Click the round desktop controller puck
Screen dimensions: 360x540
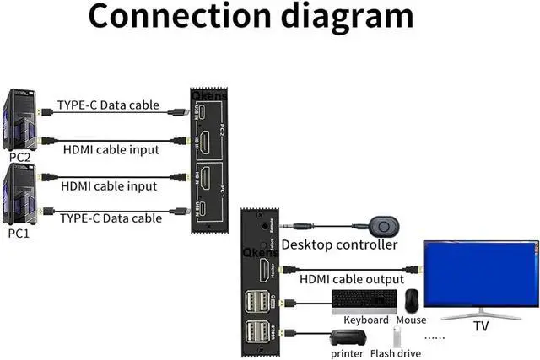coord(385,226)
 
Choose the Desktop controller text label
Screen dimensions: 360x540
coord(339,245)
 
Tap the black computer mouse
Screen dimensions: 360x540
coord(411,301)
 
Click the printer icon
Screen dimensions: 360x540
coord(346,337)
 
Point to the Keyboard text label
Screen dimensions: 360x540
coord(366,320)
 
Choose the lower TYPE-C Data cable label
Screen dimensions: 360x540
coord(111,218)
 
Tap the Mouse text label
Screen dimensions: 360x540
coord(412,320)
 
